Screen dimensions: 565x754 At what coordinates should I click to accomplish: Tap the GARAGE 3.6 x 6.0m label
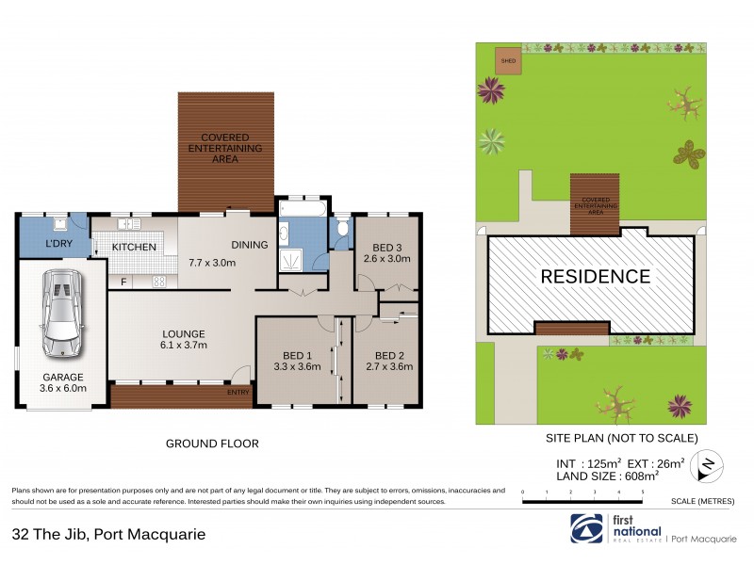(63, 381)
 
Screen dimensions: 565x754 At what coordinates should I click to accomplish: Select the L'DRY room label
(60, 246)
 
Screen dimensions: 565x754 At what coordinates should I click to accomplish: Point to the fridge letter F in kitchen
(123, 281)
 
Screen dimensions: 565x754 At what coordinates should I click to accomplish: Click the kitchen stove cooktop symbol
(159, 281)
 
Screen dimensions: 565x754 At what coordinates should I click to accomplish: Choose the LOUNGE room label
(182, 339)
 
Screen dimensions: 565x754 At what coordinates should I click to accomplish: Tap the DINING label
(249, 245)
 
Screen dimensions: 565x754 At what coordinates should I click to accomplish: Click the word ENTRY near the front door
(238, 393)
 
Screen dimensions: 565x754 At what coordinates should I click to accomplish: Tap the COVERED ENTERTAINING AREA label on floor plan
(225, 150)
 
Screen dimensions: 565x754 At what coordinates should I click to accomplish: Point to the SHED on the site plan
(508, 61)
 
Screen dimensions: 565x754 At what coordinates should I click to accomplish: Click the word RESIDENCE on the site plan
(594, 277)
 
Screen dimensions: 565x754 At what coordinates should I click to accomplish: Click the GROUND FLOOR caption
(212, 444)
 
